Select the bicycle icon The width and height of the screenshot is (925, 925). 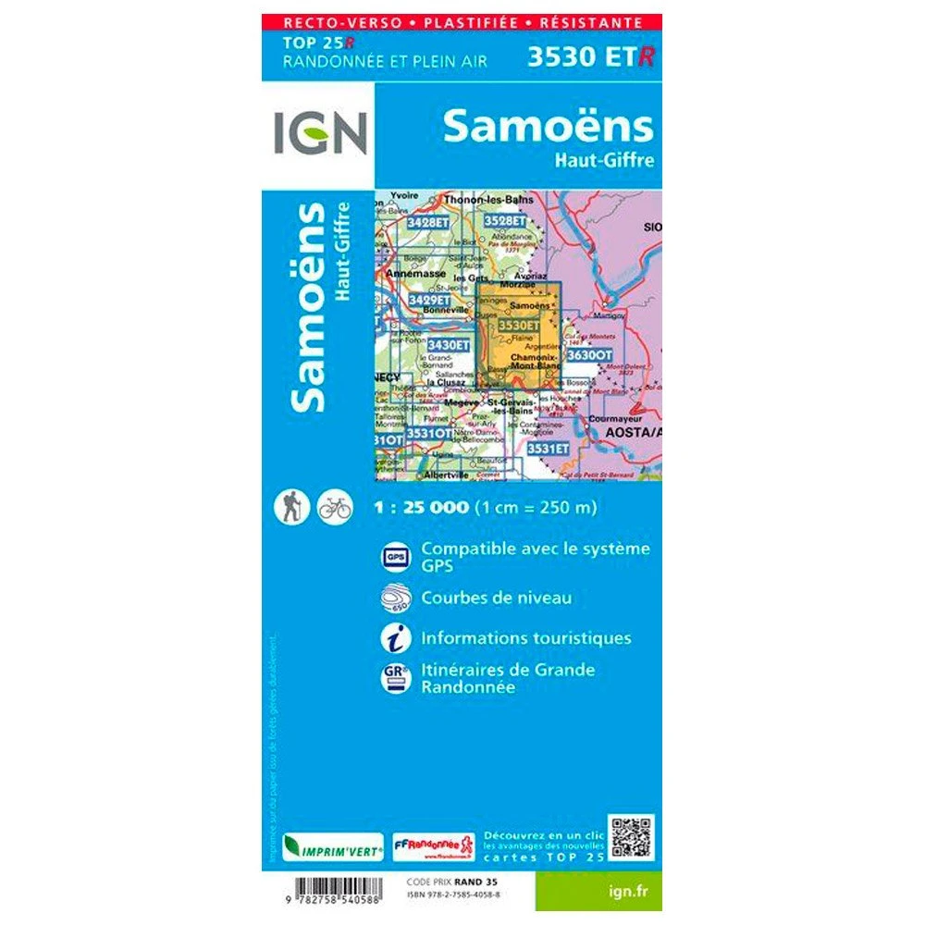(x=334, y=507)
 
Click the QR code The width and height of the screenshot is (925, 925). (x=632, y=837)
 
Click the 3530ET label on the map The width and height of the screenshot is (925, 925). (x=519, y=326)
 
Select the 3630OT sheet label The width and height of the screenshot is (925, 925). (x=589, y=354)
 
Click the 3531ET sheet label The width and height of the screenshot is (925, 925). (x=547, y=448)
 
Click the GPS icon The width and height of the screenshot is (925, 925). (x=394, y=556)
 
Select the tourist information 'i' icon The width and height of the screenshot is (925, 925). (x=394, y=637)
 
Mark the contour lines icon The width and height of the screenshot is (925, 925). (x=394, y=598)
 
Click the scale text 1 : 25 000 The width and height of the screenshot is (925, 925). (x=422, y=507)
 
